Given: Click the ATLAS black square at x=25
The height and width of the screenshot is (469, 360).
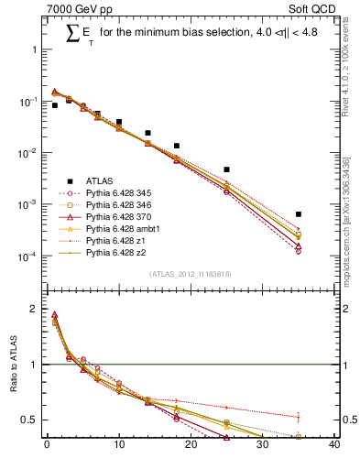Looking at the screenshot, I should coord(226,169).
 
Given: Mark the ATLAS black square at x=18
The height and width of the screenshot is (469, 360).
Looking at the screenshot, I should coord(176,146).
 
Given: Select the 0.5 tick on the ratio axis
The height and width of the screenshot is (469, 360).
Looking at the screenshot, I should coord(32,420).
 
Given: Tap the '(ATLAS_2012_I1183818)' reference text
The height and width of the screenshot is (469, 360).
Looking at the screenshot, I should coord(191,274).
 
